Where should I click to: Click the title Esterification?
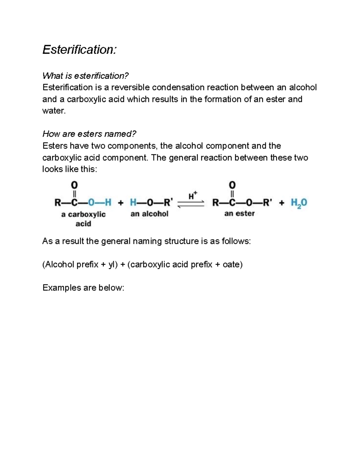click(x=79, y=50)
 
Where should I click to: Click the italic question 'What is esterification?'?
click(x=85, y=76)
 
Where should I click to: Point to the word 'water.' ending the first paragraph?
click(x=54, y=111)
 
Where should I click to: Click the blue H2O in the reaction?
click(x=299, y=203)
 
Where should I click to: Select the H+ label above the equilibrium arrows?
click(x=193, y=196)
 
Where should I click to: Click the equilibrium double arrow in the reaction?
click(x=191, y=204)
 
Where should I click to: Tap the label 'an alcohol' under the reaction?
click(x=149, y=214)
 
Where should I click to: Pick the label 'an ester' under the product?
click(x=239, y=214)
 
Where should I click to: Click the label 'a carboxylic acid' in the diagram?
click(x=83, y=219)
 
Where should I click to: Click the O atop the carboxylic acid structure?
click(x=74, y=184)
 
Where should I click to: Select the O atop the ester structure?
click(x=232, y=185)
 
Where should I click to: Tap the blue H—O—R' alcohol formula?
click(x=151, y=203)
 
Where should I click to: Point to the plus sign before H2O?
click(x=281, y=203)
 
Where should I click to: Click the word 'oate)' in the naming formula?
click(x=232, y=264)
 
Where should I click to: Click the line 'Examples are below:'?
click(x=83, y=288)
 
